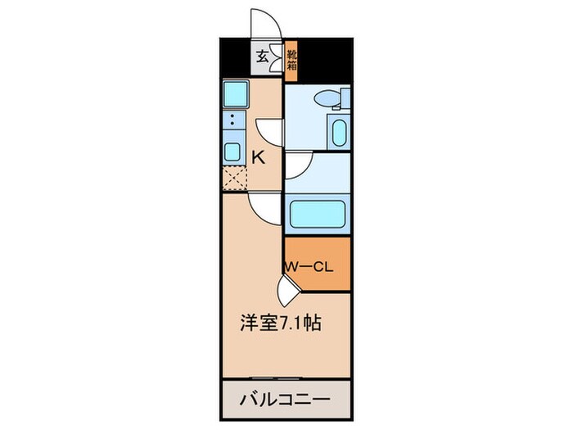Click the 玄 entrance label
tap(262, 57)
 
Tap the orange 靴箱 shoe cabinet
tap(291, 61)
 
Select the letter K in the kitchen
tap(259, 157)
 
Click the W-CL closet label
tap(309, 267)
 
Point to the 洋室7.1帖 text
tap(281, 323)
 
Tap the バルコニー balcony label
tap(285, 400)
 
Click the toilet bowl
tap(327, 98)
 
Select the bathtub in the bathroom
tap(318, 214)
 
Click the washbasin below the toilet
tap(339, 133)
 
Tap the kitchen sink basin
tap(232, 152)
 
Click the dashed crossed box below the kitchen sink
tap(235, 178)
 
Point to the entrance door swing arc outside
tap(266, 22)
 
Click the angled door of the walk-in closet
tap(287, 292)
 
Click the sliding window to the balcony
tap(276, 378)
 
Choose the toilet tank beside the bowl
tap(345, 97)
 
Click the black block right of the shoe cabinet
tap(325, 61)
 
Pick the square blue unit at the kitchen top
tap(236, 94)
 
